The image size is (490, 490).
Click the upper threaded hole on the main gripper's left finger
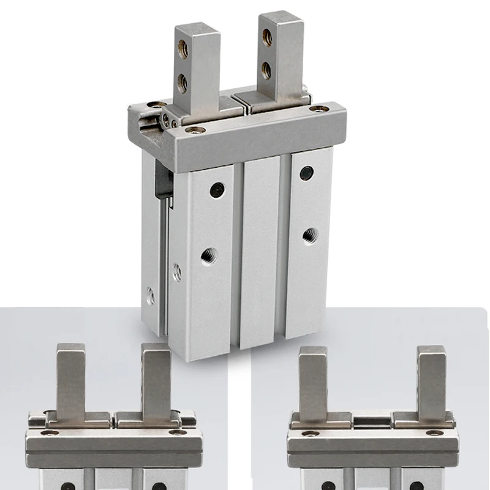(183, 50)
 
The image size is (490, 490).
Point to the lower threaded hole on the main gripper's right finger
(266, 70)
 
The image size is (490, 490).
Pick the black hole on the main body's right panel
(307, 173)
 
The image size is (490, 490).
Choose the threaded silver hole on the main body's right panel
(309, 234)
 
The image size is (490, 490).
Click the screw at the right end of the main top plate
(318, 109)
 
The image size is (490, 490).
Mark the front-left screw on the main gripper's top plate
(195, 130)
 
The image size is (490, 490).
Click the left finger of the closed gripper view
(70, 380)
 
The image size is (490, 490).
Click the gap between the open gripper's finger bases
(372, 421)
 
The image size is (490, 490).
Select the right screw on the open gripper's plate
(436, 433)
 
